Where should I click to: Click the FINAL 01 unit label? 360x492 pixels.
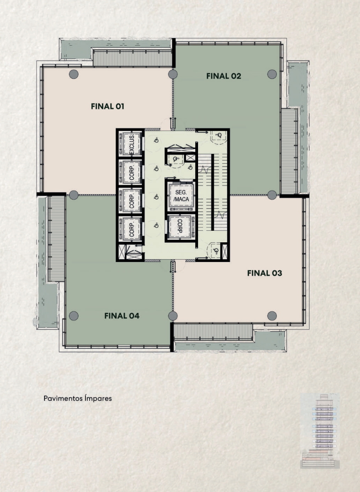108,107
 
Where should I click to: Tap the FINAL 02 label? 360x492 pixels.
224,76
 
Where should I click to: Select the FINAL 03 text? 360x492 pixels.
264,273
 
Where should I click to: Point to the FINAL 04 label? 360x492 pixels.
122,316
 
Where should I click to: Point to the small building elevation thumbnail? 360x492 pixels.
320,431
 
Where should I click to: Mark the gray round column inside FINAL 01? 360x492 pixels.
74,74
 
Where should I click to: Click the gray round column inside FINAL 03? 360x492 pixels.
272,316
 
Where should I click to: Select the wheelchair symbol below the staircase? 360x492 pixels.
215,251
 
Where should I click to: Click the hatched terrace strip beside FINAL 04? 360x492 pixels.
56,239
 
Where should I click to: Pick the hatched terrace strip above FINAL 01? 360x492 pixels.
132,58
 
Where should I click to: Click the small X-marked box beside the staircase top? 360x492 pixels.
190,158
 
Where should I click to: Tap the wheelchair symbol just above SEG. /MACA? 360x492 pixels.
175,159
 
